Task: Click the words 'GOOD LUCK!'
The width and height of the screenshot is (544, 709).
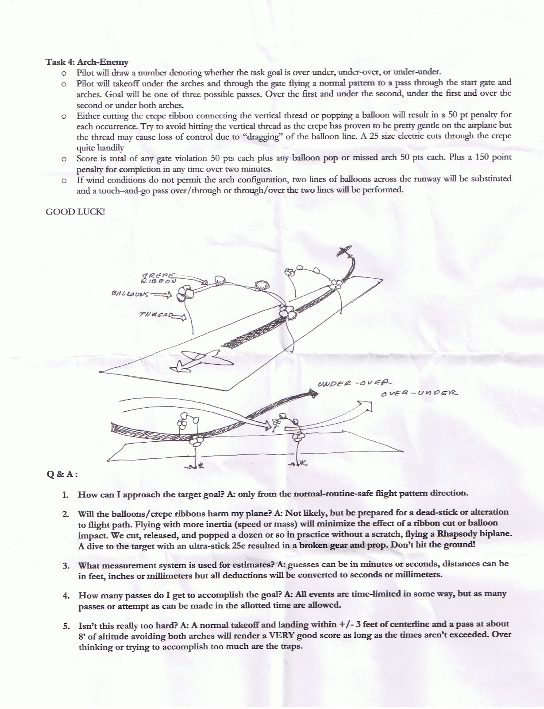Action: [76, 211]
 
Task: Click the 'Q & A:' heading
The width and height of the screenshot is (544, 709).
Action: [62, 474]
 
